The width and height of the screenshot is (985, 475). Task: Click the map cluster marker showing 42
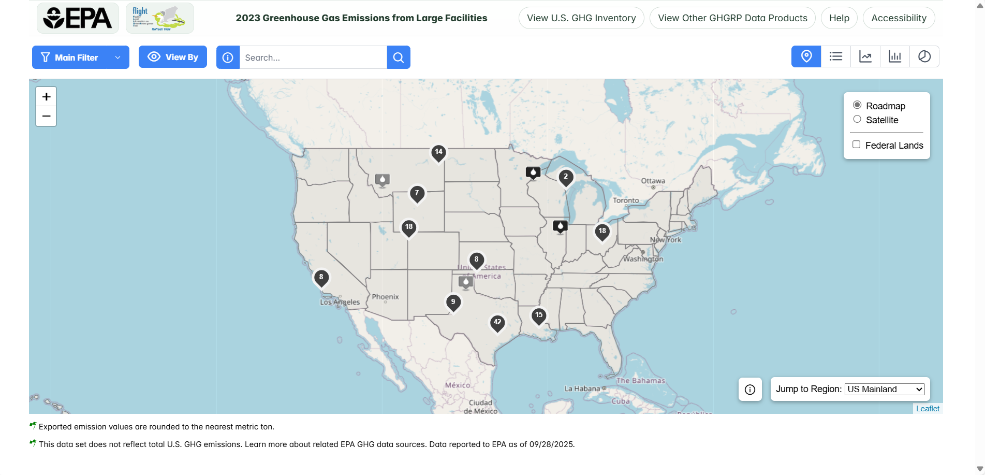click(497, 323)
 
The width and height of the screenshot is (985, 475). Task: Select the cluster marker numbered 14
click(438, 152)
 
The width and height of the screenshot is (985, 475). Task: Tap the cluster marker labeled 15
click(539, 315)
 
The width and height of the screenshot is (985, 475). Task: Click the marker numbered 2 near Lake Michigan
click(566, 177)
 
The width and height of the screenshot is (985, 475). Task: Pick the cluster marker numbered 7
click(417, 194)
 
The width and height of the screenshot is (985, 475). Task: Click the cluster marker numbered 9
click(453, 303)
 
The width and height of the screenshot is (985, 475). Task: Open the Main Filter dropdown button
click(80, 57)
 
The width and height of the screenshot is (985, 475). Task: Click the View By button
click(173, 57)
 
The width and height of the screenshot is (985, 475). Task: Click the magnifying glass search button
click(398, 57)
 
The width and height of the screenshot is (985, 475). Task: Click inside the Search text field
click(313, 57)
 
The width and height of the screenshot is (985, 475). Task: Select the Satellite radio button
click(857, 120)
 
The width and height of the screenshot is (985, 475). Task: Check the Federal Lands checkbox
click(857, 145)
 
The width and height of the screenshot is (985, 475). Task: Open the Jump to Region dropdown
click(885, 390)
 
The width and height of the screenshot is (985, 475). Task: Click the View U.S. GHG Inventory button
click(581, 18)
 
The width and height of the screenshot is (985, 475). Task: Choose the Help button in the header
click(839, 18)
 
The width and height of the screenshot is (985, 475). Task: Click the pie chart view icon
click(924, 56)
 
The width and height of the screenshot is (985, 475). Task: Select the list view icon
click(836, 56)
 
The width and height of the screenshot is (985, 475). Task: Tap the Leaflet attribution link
click(928, 409)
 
